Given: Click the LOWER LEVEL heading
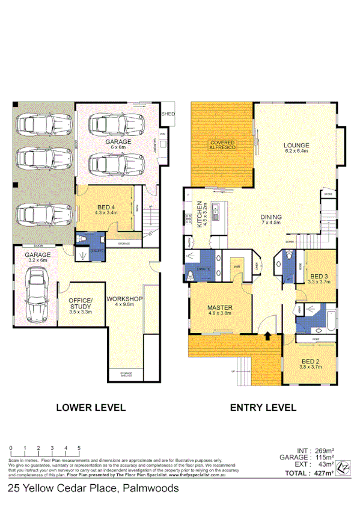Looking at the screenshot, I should pos(90,407).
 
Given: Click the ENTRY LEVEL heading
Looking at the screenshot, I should pos(263,407).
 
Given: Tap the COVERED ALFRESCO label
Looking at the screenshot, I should pos(222,144).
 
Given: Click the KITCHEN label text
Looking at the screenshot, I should pos(198,215).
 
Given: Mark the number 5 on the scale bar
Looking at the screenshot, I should pos(79,448).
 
